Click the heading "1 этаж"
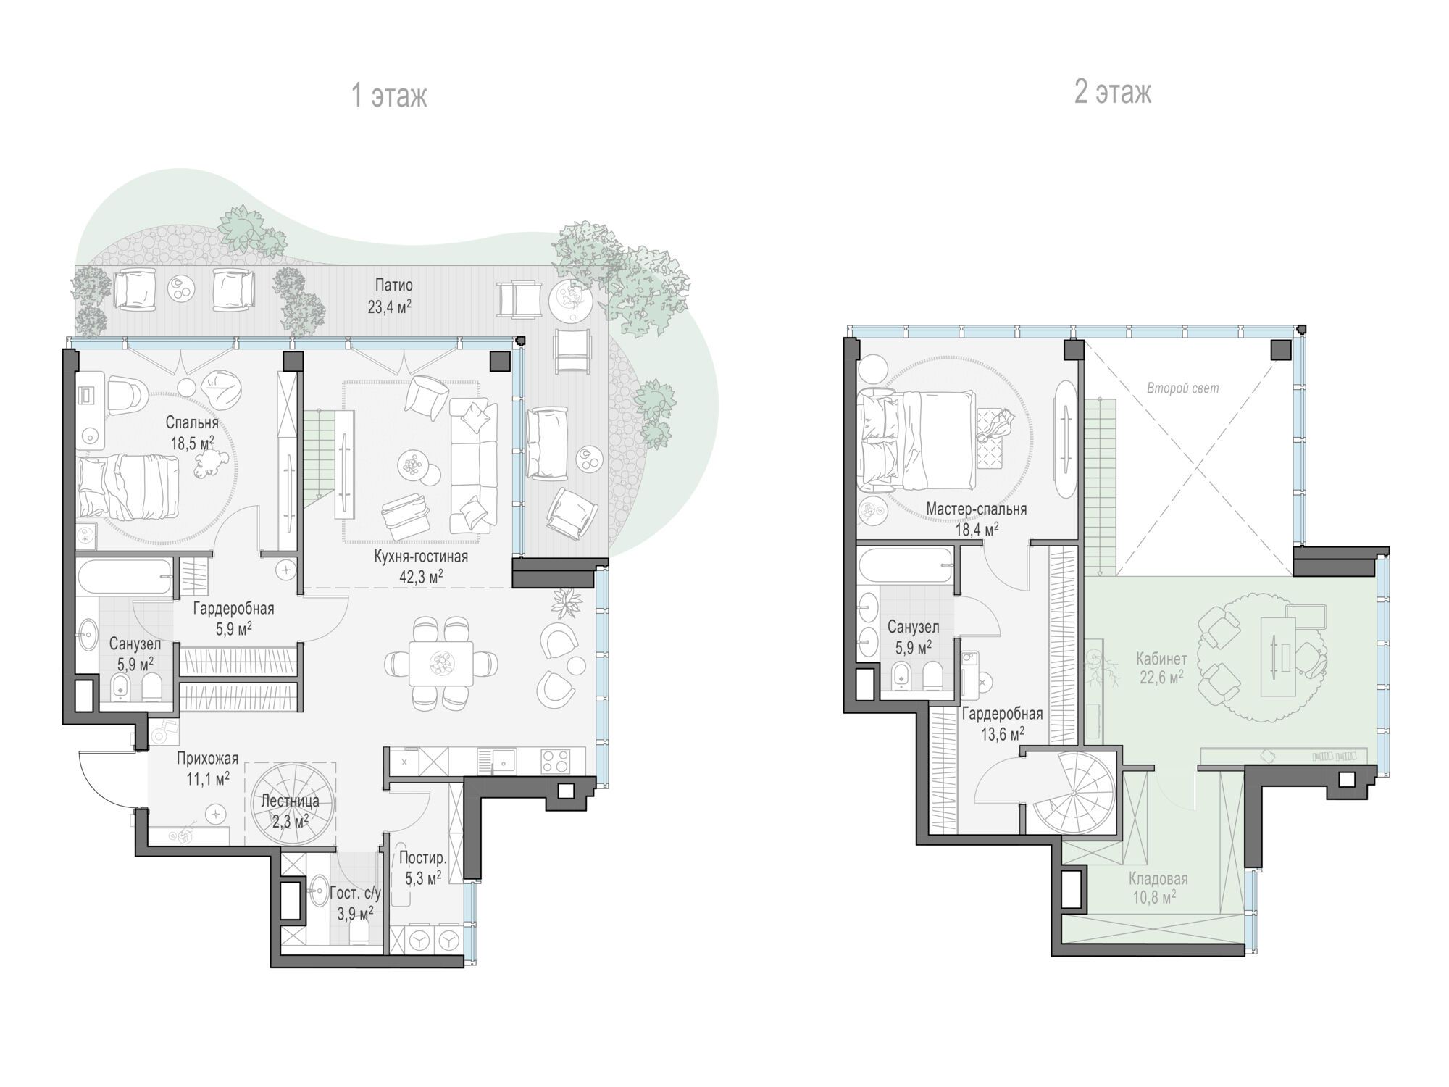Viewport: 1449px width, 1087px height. coord(389,96)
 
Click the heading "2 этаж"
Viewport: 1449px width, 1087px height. coord(1113,93)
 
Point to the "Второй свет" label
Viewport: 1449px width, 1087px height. coord(1182,388)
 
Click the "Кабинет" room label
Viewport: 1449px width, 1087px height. coord(1161,659)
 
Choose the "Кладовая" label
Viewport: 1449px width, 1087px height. coord(1158,879)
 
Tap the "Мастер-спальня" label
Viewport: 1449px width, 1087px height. coord(976,509)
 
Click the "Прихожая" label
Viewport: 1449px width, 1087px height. coord(207,759)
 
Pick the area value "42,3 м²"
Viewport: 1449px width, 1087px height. coord(420,575)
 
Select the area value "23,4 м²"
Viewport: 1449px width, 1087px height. coord(389,306)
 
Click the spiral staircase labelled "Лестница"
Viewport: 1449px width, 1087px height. coord(291,804)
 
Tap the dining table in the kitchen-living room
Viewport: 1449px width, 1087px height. coord(440,662)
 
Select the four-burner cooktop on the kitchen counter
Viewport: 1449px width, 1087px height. coord(555,760)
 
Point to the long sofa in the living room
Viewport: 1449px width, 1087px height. coord(473,467)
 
